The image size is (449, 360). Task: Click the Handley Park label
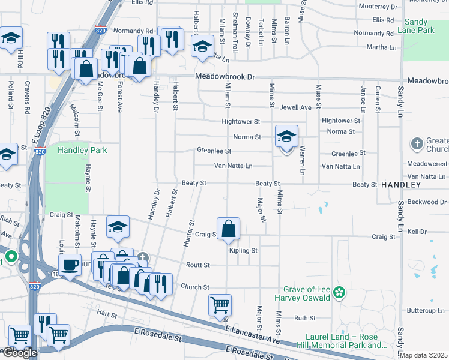click(82, 150)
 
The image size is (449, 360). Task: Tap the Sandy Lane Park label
click(426, 25)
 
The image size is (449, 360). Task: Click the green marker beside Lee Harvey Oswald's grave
click(340, 293)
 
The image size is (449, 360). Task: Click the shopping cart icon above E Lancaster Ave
click(220, 304)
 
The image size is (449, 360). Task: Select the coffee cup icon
click(70, 265)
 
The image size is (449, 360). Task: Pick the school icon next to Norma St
click(286, 136)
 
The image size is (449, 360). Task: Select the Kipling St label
click(243, 250)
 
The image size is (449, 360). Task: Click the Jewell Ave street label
click(296, 107)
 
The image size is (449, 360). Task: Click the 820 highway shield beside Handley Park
click(40, 152)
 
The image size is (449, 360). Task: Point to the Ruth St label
click(304, 319)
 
